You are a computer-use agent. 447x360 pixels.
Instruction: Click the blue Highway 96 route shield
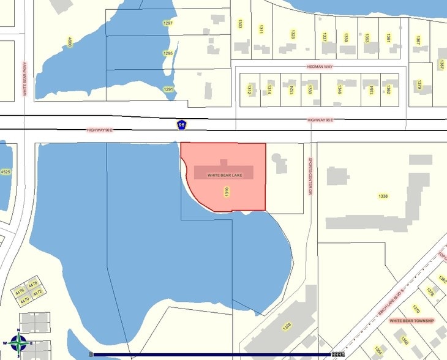(x=181, y=125)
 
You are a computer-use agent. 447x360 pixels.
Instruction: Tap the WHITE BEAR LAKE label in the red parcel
(x=225, y=175)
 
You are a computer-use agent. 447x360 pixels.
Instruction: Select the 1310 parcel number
(x=227, y=192)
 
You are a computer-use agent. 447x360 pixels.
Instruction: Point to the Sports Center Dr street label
(x=310, y=176)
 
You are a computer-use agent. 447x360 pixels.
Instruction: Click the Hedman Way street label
(x=319, y=66)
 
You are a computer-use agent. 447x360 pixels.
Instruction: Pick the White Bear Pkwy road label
(x=25, y=80)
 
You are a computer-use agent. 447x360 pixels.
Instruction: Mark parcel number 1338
(x=383, y=196)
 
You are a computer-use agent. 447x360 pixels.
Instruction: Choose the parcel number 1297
(x=168, y=23)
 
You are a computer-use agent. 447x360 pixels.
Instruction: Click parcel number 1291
(x=168, y=89)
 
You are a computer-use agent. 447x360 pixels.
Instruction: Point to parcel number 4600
(x=70, y=42)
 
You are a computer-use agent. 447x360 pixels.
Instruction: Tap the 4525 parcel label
(x=6, y=172)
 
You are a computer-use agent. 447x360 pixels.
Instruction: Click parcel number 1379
(x=420, y=84)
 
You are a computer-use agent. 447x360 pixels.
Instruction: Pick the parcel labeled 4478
(x=34, y=283)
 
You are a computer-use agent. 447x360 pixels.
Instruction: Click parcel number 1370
(x=416, y=309)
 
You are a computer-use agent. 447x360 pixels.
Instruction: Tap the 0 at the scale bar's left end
(x=91, y=354)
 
